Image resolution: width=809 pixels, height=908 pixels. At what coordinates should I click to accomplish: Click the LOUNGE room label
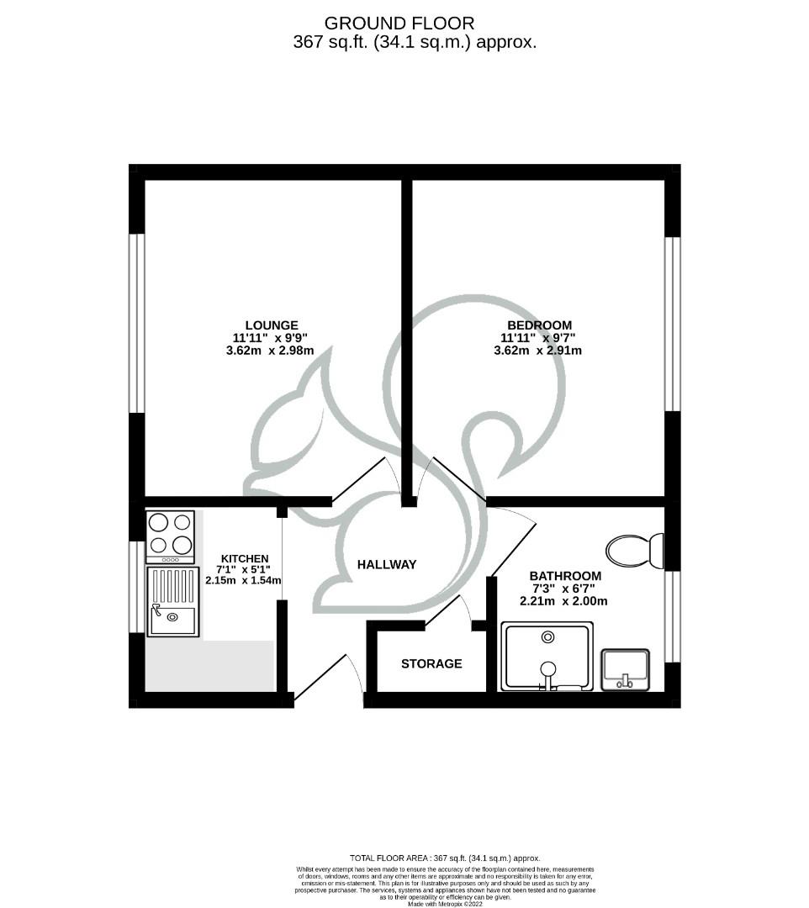coord(272,325)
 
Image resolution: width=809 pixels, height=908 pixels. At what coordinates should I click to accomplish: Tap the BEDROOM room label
coord(539,325)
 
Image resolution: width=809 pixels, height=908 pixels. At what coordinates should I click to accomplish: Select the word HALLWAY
coord(386,565)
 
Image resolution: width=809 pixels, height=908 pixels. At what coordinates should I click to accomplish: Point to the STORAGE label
coord(431,664)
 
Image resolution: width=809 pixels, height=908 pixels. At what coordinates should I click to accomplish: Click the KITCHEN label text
coord(245,558)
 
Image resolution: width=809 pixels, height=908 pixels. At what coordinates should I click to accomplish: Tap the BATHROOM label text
coord(565,576)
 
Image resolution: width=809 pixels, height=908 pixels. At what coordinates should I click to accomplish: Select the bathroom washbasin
coord(625,670)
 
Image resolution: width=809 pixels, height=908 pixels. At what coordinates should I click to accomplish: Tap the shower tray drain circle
coord(548,637)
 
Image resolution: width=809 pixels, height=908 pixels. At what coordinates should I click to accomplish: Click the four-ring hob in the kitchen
coord(170,536)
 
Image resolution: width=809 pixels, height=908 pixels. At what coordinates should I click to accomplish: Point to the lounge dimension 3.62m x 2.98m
coord(271,351)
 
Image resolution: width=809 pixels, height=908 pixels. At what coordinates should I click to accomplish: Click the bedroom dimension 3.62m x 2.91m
coord(538,351)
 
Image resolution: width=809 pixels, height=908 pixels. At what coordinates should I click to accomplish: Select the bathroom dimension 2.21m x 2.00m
coord(564,601)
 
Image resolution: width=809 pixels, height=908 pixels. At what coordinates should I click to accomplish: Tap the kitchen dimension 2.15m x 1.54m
coord(243,580)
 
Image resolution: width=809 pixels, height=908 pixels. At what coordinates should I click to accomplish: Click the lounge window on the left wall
coord(136,323)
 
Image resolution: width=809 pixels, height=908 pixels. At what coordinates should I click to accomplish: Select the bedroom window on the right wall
coord(672,324)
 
